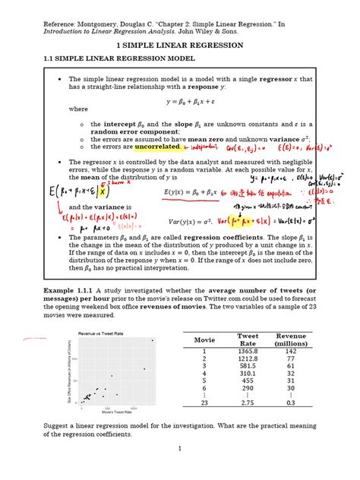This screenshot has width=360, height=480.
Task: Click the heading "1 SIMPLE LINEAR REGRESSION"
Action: [179, 46]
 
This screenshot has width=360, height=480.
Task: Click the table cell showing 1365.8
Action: [248, 352]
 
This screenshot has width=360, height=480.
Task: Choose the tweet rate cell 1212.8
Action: [248, 360]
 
